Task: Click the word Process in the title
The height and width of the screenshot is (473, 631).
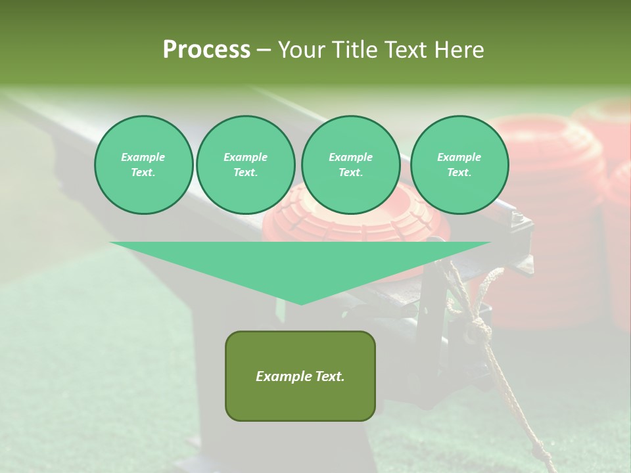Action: click(206, 50)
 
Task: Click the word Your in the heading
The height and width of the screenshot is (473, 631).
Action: click(303, 50)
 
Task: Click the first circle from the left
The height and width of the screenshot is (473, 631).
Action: click(143, 165)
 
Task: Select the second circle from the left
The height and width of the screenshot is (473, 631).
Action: click(246, 165)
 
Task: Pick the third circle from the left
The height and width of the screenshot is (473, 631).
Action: click(350, 165)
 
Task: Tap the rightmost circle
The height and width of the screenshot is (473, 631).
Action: click(459, 165)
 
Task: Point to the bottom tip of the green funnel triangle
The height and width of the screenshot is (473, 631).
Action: click(301, 304)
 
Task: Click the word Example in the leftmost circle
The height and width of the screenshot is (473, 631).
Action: click(143, 157)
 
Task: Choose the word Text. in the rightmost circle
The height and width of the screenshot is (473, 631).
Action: click(459, 173)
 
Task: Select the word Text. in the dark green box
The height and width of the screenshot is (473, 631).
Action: click(328, 376)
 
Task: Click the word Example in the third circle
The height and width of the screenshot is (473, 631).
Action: click(350, 157)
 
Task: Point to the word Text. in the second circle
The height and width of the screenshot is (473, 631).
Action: click(246, 173)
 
